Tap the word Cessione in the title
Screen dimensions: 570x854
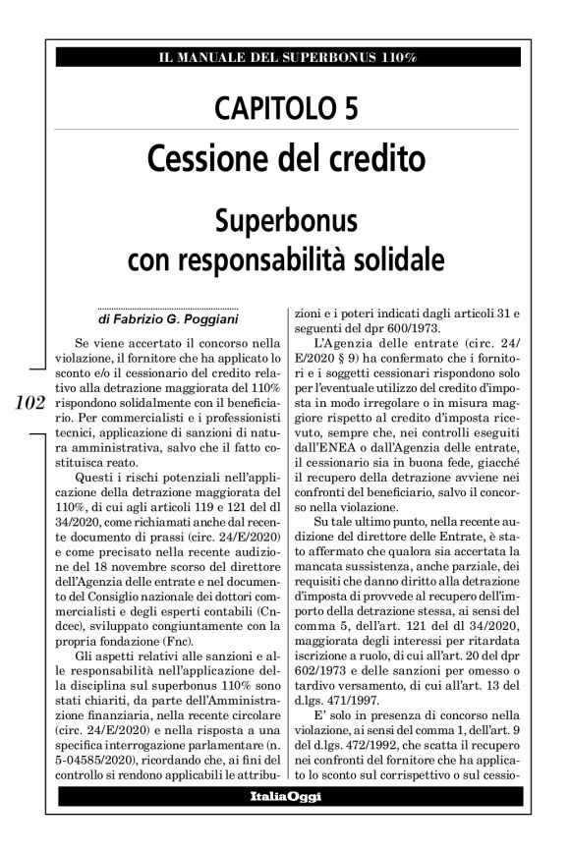click(207, 154)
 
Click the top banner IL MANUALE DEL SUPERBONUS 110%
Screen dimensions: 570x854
click(286, 57)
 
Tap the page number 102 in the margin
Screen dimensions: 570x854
click(34, 401)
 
